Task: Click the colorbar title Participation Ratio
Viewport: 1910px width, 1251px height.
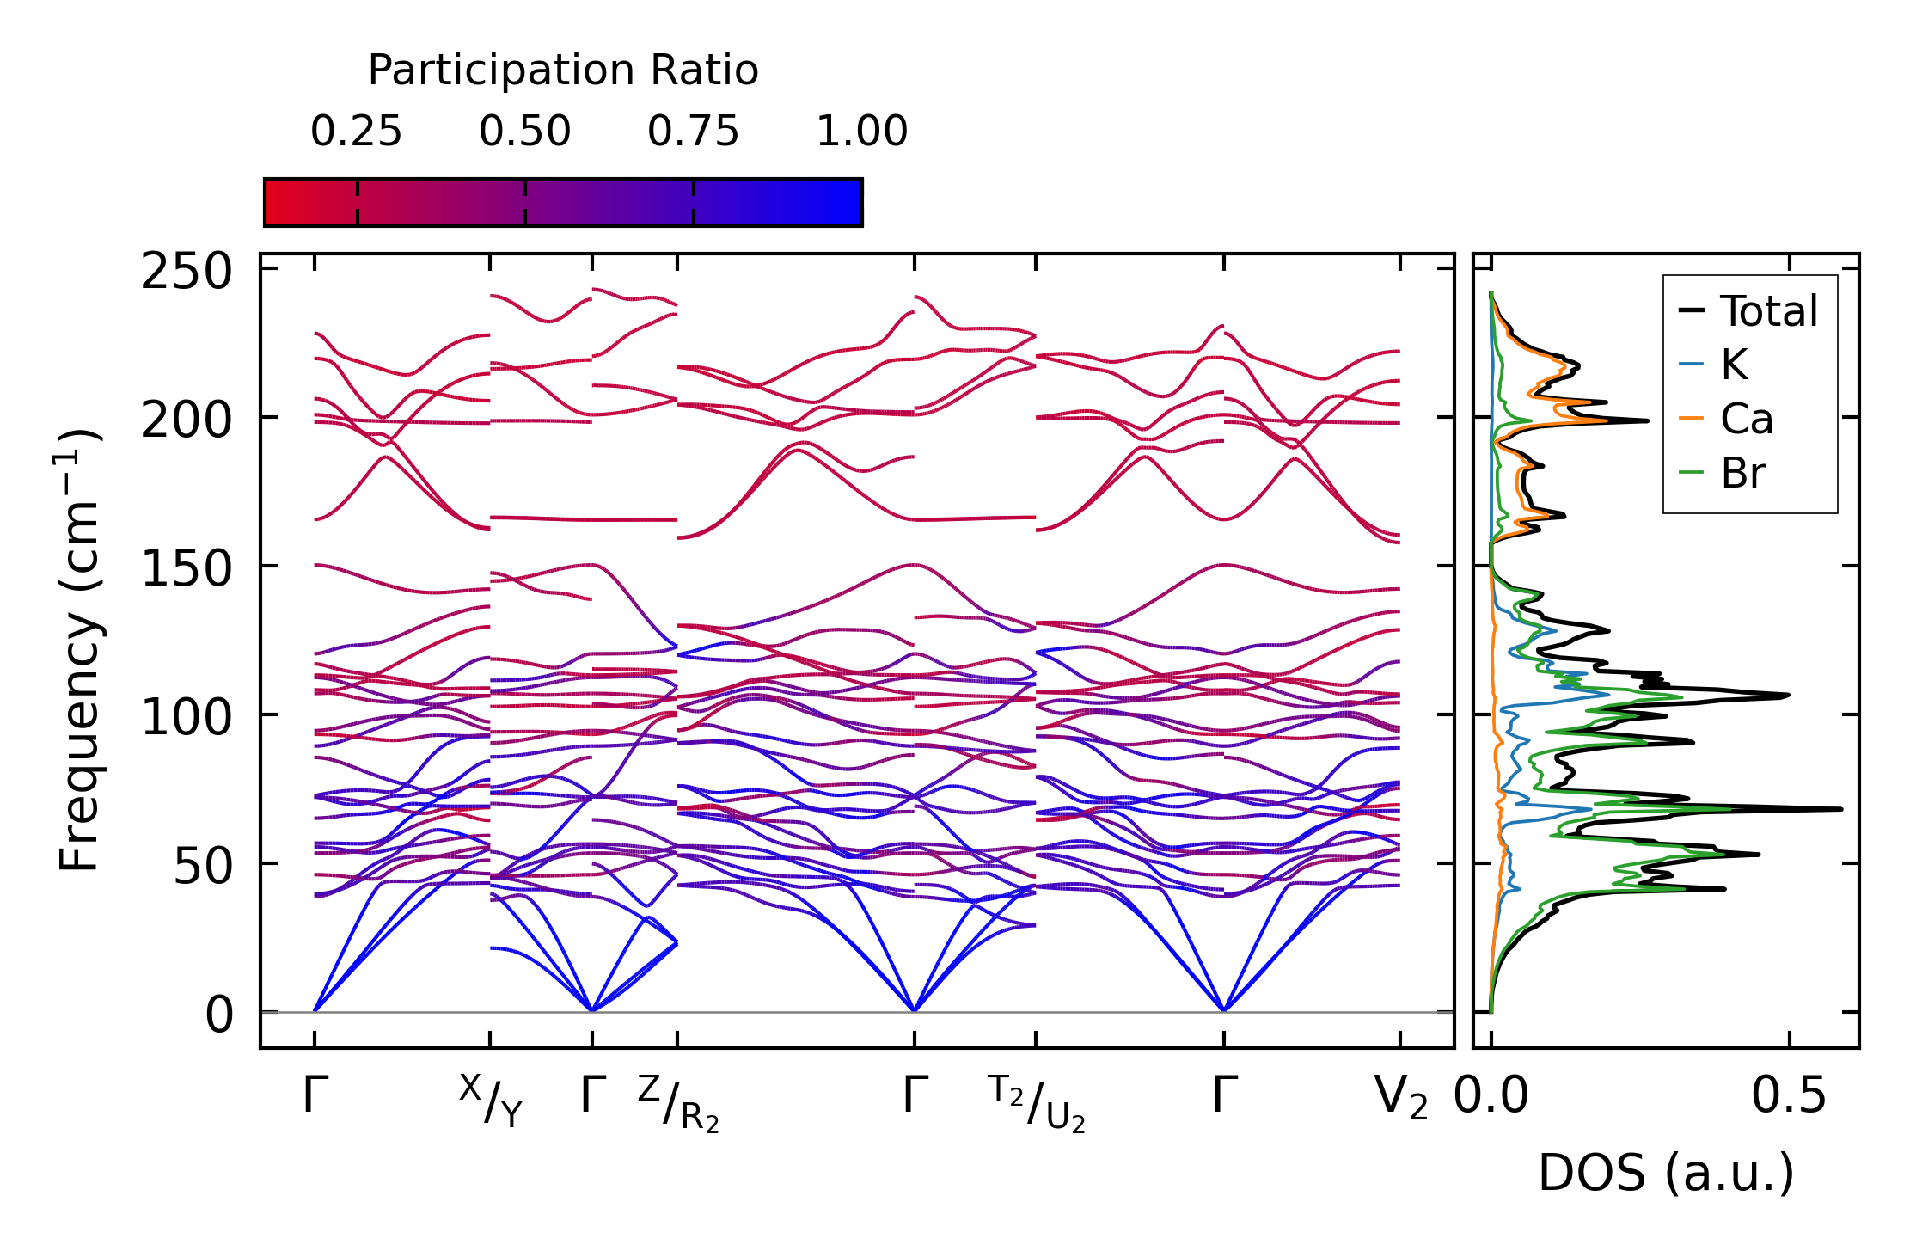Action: click(x=563, y=71)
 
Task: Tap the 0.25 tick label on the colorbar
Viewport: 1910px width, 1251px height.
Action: click(x=356, y=132)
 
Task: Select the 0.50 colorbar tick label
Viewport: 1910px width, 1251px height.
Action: click(x=524, y=132)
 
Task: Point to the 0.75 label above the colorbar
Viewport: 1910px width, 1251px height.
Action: click(x=693, y=132)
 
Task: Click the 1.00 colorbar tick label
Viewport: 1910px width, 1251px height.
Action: click(x=861, y=132)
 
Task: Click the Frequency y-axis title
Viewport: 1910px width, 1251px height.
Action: click(x=80, y=650)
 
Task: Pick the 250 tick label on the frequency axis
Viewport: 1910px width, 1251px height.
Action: click(x=187, y=273)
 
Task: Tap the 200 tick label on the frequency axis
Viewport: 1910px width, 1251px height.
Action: click(x=187, y=421)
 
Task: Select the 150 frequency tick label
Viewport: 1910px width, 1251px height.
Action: click(x=187, y=570)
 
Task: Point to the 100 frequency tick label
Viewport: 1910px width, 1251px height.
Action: click(x=187, y=718)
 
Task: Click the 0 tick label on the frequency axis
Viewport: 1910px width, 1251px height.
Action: click(x=219, y=1015)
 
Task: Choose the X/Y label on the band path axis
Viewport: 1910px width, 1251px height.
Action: click(x=491, y=1101)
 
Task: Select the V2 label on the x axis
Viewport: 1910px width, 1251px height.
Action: click(x=1401, y=1097)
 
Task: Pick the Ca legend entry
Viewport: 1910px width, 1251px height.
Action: click(x=1746, y=420)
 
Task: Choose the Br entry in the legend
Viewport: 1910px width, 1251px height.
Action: click(x=1742, y=474)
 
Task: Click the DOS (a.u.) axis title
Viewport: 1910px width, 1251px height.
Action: click(x=1666, y=1173)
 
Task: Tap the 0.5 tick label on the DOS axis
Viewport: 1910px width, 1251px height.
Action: click(x=1789, y=1097)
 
